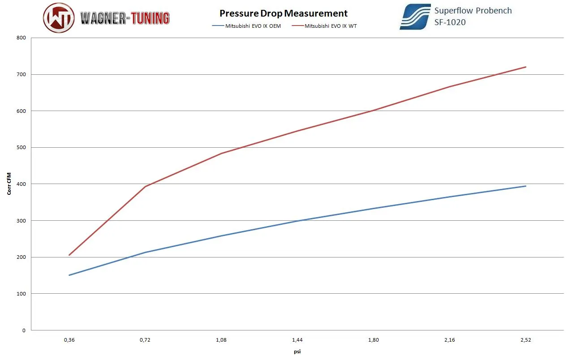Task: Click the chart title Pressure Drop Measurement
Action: pos(283,13)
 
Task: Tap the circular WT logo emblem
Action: pos(59,17)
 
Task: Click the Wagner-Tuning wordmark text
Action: pos(125,18)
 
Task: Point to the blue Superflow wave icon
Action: pos(415,17)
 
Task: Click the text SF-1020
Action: pos(450,22)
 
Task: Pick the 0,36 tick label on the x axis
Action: pos(69,340)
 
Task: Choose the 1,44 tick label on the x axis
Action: pos(297,340)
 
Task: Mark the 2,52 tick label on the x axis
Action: pos(526,340)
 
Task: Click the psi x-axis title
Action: pos(297,351)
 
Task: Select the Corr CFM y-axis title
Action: pos(9,184)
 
